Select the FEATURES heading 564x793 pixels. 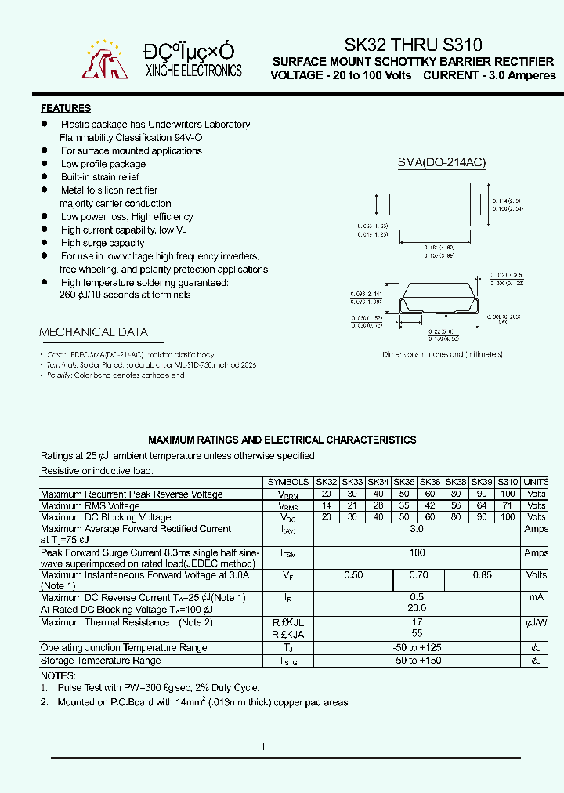(x=66, y=109)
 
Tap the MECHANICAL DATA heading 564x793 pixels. (x=93, y=332)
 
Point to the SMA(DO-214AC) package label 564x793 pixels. (x=442, y=162)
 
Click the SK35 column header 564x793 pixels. (x=404, y=482)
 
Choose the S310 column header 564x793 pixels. (x=508, y=482)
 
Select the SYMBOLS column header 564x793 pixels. (x=287, y=482)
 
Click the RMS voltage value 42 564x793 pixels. (x=430, y=506)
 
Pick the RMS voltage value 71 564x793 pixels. (x=508, y=506)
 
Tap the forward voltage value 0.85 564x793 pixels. (x=482, y=575)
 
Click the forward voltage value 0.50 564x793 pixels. (x=353, y=575)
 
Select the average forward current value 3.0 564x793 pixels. (x=417, y=530)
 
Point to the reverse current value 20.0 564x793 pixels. (x=417, y=608)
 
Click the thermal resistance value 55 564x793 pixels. (x=417, y=633)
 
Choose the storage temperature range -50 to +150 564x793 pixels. (x=417, y=661)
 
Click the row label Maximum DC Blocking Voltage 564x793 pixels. (x=106, y=517)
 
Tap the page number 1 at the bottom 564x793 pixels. (x=263, y=747)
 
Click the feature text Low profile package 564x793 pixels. (x=103, y=164)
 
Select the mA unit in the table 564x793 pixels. (x=536, y=597)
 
